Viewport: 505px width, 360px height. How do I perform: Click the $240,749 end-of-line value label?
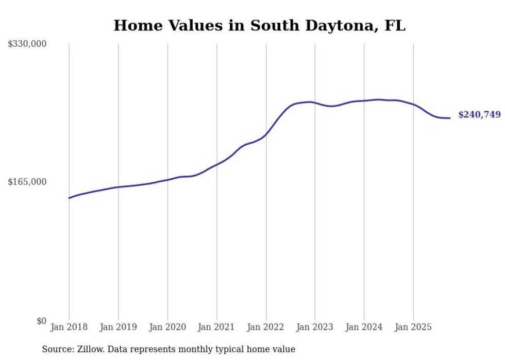click(479, 115)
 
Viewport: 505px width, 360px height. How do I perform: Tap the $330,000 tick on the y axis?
click(27, 44)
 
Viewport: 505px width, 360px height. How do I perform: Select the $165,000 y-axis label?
click(27, 182)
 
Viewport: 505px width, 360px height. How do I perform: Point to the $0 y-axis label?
click(41, 321)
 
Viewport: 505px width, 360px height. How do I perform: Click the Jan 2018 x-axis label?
click(69, 327)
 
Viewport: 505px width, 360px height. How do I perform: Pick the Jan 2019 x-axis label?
click(119, 327)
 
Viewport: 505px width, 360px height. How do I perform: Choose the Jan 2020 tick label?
click(167, 327)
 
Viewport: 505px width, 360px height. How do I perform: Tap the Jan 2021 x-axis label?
click(216, 327)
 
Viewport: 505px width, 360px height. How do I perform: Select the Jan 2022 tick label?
click(266, 327)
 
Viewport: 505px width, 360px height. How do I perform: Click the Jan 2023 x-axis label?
click(315, 327)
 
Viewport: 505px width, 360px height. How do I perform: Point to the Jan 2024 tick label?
click(364, 327)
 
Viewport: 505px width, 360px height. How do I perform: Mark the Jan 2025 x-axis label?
click(413, 327)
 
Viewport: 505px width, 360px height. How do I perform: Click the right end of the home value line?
click(450, 118)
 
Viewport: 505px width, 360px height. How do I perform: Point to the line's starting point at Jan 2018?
click(69, 198)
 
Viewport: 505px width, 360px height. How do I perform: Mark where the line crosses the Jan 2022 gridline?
click(266, 135)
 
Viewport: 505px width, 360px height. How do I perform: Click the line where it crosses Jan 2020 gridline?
click(167, 180)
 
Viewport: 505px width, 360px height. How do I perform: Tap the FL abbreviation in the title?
click(395, 25)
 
